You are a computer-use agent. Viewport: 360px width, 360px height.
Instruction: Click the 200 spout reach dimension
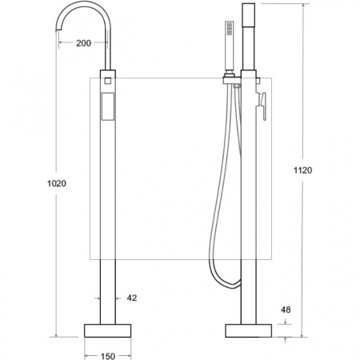point(83,43)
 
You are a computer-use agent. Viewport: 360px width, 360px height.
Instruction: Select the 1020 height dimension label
point(57,183)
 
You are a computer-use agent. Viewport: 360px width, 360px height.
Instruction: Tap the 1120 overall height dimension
point(302,170)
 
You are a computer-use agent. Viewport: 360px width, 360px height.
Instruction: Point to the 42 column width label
point(132,298)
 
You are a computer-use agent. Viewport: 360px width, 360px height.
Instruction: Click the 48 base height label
point(286,310)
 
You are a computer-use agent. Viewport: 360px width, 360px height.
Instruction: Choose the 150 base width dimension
point(108,356)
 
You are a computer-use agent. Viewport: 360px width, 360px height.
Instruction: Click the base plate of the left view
point(108,330)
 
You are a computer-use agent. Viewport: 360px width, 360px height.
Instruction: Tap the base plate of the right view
point(249,330)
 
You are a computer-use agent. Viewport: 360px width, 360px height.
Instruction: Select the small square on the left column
point(108,81)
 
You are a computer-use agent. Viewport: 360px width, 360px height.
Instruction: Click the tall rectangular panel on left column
point(108,106)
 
